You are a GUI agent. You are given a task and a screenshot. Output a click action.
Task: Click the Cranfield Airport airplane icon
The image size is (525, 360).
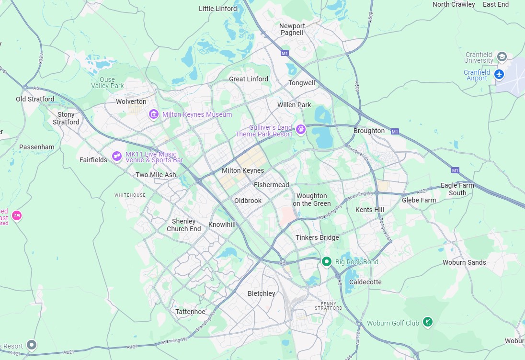coord(499,74)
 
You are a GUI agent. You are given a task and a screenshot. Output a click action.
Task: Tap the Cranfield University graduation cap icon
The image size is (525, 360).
coord(502,56)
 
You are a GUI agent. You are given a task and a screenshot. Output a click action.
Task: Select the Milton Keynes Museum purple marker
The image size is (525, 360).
coord(154,114)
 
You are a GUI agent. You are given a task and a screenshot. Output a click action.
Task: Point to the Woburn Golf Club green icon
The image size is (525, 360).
coord(428,322)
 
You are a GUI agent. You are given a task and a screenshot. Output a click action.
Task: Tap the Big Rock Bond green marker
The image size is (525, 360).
coord(327,261)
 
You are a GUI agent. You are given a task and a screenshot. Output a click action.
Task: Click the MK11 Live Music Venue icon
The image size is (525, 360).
coord(116,156)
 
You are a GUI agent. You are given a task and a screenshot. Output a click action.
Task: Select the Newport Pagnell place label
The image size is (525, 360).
coord(292,29)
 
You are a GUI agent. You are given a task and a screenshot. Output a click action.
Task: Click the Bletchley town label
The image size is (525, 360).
coord(261,293)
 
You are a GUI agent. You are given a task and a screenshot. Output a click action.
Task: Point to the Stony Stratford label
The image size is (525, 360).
coord(66,118)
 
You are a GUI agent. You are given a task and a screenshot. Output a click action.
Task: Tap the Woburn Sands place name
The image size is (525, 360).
coord(464,262)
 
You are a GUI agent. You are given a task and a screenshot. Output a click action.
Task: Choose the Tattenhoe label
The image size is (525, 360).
coord(190,312)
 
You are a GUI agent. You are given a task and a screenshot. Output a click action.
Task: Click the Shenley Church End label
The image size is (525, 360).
coord(184,225)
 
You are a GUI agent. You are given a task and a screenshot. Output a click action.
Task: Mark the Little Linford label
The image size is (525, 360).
coord(217,9)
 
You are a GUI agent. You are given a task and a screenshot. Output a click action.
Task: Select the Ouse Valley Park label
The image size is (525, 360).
coord(107,83)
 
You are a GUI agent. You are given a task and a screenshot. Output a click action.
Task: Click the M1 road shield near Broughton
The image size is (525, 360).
coord(394,131)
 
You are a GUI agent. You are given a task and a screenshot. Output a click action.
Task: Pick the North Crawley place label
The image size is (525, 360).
coord(453,4)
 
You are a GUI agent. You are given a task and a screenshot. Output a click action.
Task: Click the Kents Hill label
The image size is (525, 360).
coord(369,210)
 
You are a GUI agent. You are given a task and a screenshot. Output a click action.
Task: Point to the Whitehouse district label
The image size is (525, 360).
coord(130,195)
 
